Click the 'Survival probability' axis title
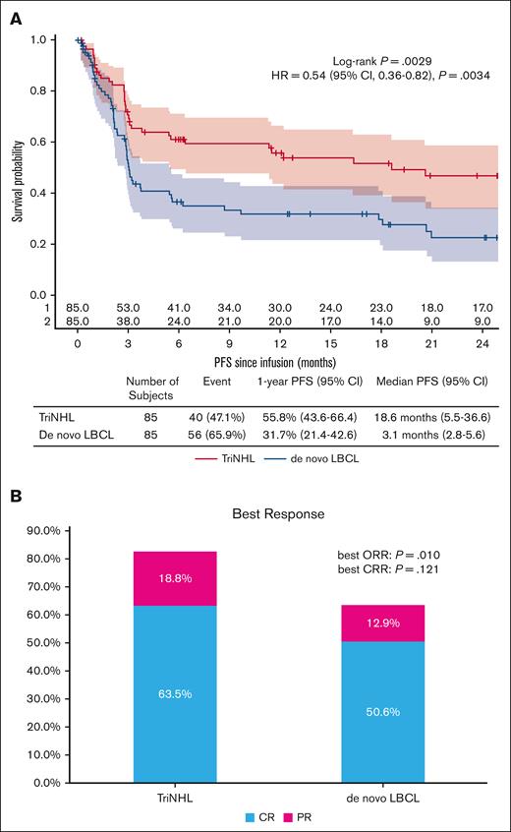pyautogui.click(x=18, y=167)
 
